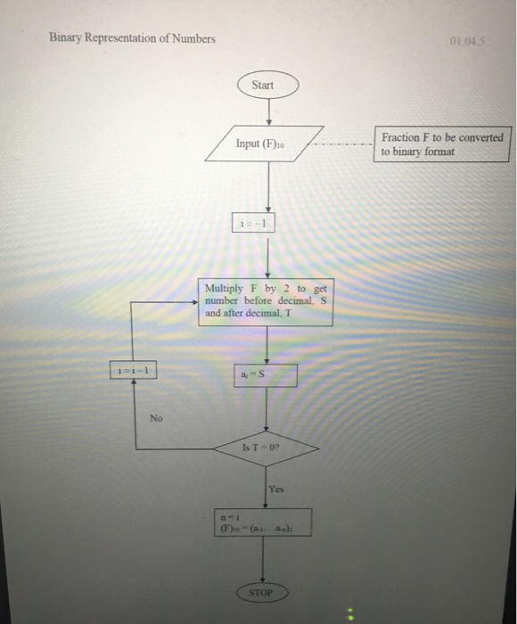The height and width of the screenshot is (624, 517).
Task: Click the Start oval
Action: (x=263, y=86)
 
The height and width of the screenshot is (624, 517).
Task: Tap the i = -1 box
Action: (x=254, y=223)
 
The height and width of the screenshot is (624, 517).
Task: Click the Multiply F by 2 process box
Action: (x=267, y=301)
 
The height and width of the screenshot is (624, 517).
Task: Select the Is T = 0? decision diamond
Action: (x=264, y=447)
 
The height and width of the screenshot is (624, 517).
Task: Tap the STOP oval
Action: (x=263, y=591)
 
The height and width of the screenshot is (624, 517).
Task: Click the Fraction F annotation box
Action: (x=442, y=144)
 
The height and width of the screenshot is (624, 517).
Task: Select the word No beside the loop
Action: (x=156, y=417)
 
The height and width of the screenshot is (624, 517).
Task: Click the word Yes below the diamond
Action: (x=277, y=489)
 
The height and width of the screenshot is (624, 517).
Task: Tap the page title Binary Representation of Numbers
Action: (x=132, y=38)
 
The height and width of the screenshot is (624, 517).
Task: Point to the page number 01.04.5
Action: (x=466, y=39)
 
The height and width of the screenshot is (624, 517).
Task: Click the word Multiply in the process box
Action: (x=223, y=289)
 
